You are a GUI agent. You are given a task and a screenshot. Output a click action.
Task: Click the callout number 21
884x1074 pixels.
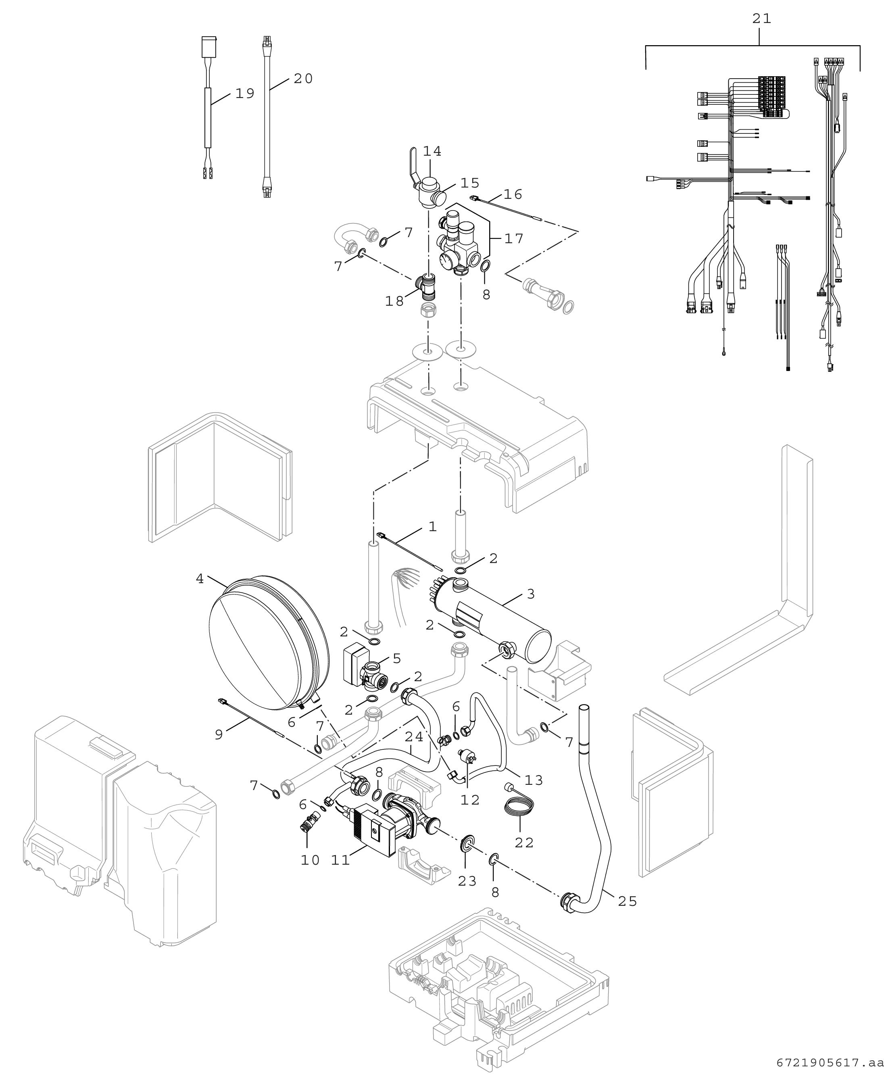coord(761,19)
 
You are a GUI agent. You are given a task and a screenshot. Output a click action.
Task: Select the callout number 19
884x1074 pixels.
coord(244,94)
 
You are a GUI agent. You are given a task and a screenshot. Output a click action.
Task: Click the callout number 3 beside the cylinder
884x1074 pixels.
coord(531,594)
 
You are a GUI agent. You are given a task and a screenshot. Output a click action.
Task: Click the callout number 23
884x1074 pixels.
coord(467,880)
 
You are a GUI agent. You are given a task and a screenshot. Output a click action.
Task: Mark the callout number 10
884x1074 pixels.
coord(310,860)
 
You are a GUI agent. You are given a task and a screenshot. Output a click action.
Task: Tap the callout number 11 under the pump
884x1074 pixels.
coord(341,860)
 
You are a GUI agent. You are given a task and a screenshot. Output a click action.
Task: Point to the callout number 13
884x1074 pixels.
coord(534,780)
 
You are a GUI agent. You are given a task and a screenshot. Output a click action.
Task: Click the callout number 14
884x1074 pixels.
coord(432,152)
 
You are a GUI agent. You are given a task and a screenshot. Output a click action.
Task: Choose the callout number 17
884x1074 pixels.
coord(514,238)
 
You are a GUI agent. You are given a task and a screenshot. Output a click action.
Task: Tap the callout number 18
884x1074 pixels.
coord(395,302)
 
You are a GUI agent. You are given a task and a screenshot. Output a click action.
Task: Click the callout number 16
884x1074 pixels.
coord(513,194)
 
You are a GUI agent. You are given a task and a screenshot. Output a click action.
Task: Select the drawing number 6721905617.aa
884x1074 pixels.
coord(830,1063)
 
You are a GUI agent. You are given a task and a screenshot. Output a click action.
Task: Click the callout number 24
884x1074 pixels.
coord(415,737)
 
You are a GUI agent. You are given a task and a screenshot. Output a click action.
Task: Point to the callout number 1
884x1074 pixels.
coord(432,527)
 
